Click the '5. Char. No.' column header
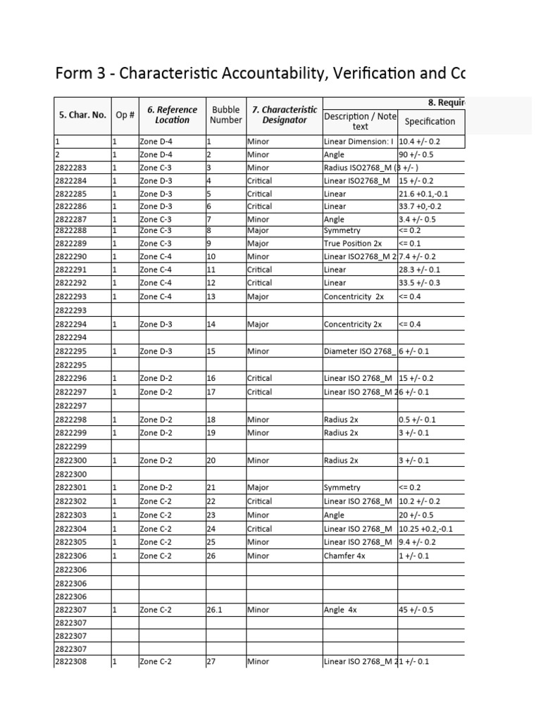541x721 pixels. tap(82, 115)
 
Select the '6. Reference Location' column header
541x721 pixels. tap(172, 115)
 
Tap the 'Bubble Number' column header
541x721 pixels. tap(225, 115)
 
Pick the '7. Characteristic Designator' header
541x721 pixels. tap(285, 115)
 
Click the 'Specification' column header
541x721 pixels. tap(430, 121)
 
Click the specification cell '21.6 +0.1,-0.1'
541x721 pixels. tap(424, 194)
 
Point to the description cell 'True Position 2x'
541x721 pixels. tap(353, 244)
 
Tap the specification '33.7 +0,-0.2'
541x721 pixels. tap(421, 206)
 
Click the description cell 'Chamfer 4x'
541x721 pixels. tap(346, 556)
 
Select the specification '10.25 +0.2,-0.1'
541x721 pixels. tap(426, 529)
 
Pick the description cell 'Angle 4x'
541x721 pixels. tap(342, 610)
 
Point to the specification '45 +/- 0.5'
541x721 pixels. tap(417, 610)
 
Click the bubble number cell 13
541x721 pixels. tap(211, 296)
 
